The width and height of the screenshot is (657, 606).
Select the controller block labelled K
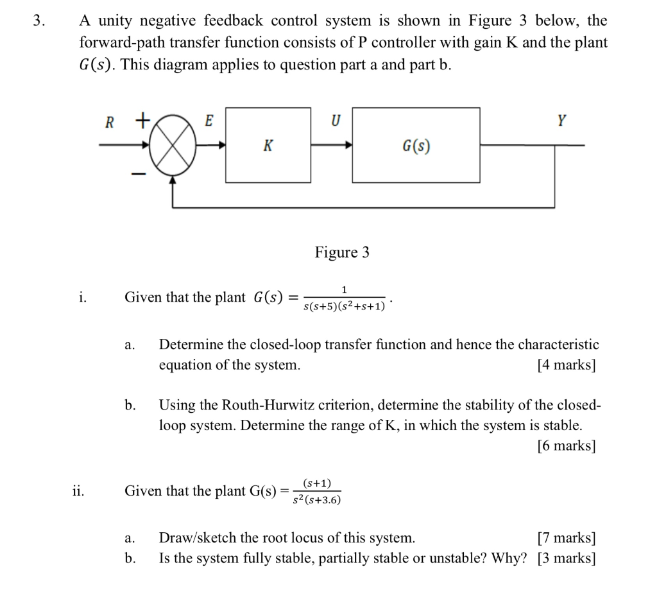[268, 146]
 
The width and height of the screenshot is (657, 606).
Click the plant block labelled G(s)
[416, 146]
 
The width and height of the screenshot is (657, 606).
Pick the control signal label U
[334, 121]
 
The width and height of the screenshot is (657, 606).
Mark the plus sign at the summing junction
[142, 119]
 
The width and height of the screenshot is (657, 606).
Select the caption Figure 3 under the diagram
[342, 252]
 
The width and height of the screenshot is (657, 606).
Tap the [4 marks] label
[566, 365]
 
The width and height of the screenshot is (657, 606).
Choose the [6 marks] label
[566, 446]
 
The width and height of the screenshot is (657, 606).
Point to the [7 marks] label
[566, 538]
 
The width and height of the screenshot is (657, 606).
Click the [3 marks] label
[566, 558]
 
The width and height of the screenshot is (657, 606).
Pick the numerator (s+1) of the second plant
[317, 483]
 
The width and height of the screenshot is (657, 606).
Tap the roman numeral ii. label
[78, 491]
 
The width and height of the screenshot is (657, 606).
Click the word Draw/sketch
[198, 538]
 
